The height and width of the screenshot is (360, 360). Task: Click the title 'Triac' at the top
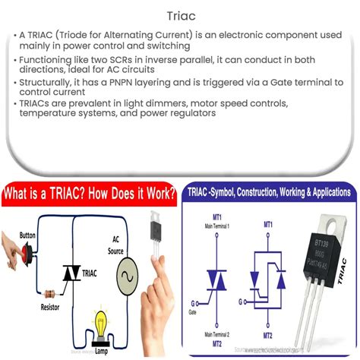(179, 14)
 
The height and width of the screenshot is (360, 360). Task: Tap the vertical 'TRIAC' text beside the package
(345, 270)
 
